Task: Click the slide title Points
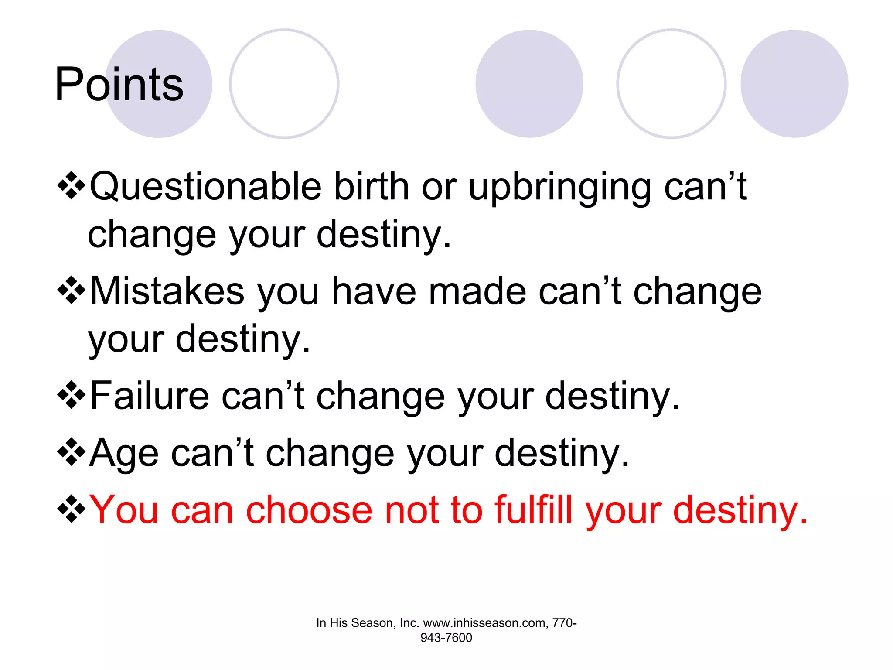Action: coord(119,84)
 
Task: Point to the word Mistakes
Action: coord(167,291)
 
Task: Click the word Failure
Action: coord(150,396)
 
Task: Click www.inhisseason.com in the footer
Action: coord(484,623)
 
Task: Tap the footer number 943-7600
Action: coord(446,638)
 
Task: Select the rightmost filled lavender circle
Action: coord(794,84)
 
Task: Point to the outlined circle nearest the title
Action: coord(284,84)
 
